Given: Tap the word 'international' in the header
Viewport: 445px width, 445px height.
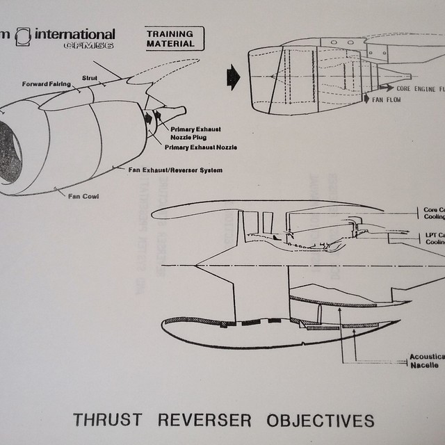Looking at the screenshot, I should [75, 34].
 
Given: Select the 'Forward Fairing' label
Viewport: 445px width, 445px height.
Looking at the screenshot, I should [46, 84].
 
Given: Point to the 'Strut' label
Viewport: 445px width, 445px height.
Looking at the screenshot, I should [90, 79].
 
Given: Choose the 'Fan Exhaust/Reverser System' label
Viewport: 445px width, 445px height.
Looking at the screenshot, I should [179, 170].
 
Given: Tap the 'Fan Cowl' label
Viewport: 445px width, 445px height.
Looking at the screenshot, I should [83, 196].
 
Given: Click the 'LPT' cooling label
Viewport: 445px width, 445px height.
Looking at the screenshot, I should [434, 238].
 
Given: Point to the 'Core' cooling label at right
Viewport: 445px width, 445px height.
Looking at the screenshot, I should [434, 212].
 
